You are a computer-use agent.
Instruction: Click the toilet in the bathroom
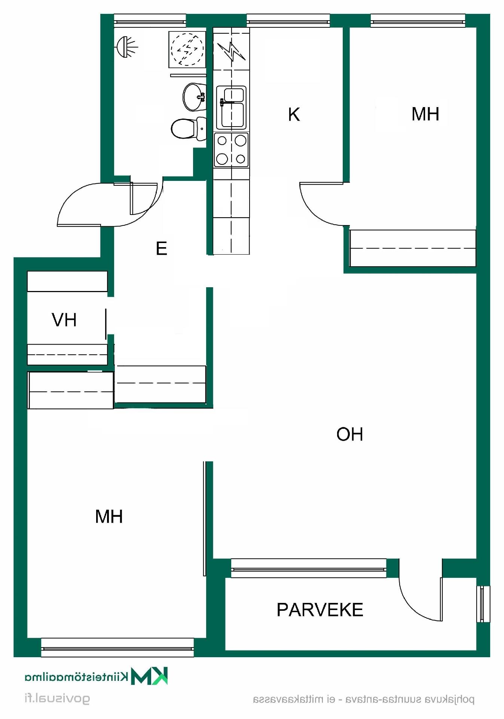(x=189, y=128)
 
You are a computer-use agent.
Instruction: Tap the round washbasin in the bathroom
(x=194, y=97)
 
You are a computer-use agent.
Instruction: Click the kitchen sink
(x=231, y=107)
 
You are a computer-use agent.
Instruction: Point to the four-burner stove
(x=231, y=150)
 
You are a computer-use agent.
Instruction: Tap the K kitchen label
(x=294, y=114)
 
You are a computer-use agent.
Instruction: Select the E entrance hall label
(x=161, y=248)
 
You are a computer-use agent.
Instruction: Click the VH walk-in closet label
(x=64, y=320)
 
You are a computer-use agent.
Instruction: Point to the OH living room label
(x=349, y=434)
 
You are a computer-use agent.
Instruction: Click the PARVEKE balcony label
(x=320, y=610)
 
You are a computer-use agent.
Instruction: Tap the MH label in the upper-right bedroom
(x=425, y=114)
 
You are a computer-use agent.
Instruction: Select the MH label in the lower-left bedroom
(x=109, y=516)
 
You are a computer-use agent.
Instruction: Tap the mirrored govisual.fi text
(x=57, y=699)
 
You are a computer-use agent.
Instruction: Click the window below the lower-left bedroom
(x=117, y=647)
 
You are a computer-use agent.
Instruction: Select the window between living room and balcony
(x=309, y=568)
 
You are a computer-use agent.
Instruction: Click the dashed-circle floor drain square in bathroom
(x=187, y=49)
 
